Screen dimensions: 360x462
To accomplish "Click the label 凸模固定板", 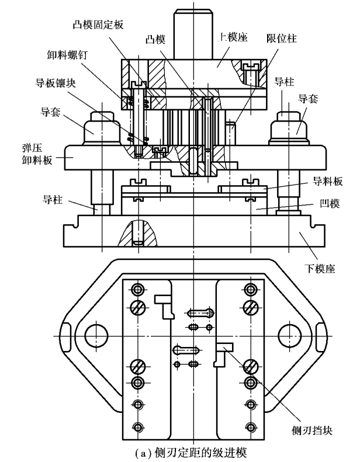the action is click(98, 25).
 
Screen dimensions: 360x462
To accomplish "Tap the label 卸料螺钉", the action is click(67, 55).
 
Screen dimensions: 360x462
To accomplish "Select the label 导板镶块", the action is click(56, 83).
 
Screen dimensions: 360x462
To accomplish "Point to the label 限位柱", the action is click(282, 39).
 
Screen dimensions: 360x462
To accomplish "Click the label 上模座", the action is click(233, 37).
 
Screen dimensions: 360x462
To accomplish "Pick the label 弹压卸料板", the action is click(37, 154).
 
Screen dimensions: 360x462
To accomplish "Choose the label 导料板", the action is click(328, 181).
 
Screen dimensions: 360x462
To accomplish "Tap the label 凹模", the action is click(330, 203).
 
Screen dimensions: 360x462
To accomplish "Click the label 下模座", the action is click(320, 269).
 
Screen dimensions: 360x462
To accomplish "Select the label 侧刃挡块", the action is click(312, 430).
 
